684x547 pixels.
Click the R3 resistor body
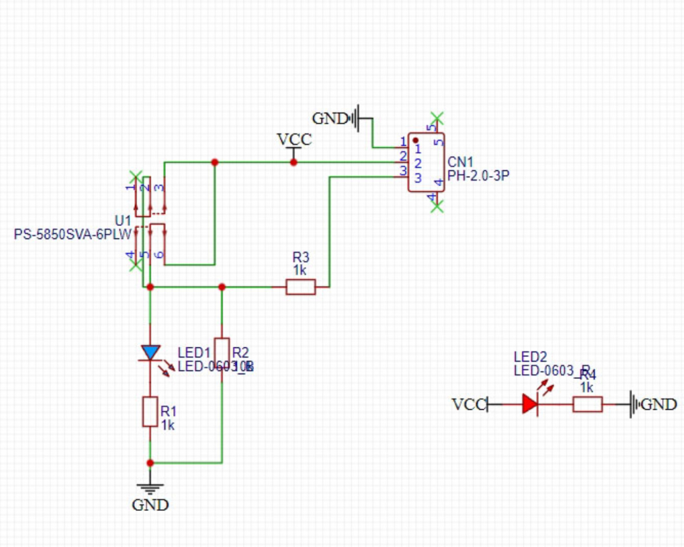point(301,287)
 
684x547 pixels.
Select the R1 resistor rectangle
point(150,412)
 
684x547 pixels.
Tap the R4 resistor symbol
point(587,404)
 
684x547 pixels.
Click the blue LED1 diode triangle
point(150,352)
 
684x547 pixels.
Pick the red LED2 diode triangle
point(530,404)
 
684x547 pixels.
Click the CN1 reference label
point(460,162)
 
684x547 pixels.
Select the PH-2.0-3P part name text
point(478,175)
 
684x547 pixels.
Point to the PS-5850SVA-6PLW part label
point(73,234)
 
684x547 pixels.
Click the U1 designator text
point(123,221)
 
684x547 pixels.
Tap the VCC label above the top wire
point(294,139)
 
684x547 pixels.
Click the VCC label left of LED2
point(469,404)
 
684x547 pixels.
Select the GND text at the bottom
point(150,505)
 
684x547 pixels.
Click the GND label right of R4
point(658,404)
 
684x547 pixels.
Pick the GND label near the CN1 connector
point(330,119)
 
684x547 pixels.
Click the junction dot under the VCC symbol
point(294,162)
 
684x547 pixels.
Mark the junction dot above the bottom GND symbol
point(150,463)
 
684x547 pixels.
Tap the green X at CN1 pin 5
point(437,118)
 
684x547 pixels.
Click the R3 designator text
point(301,257)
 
